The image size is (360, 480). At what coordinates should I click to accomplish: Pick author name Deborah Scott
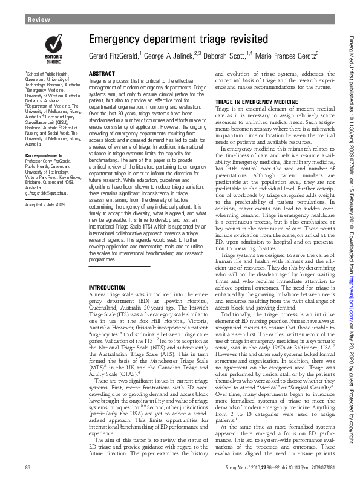tap(224, 56)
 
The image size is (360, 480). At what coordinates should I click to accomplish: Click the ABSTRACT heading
tap(102, 73)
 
